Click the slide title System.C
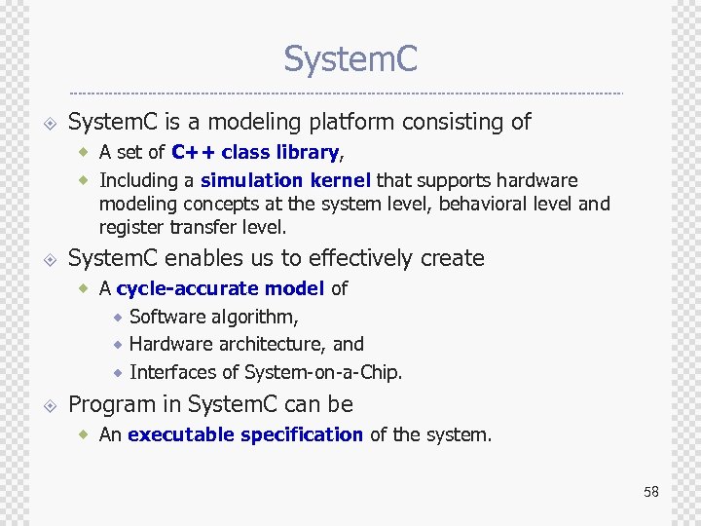coord(350,59)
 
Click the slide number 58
coord(650,491)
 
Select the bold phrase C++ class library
coord(255,152)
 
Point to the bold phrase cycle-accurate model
coord(221,288)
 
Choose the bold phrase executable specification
coord(245,434)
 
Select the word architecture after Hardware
coord(273,344)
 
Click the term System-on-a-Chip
coord(323,372)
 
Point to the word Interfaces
coord(172,372)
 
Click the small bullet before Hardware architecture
coord(117,345)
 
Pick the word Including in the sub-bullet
coord(147,180)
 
